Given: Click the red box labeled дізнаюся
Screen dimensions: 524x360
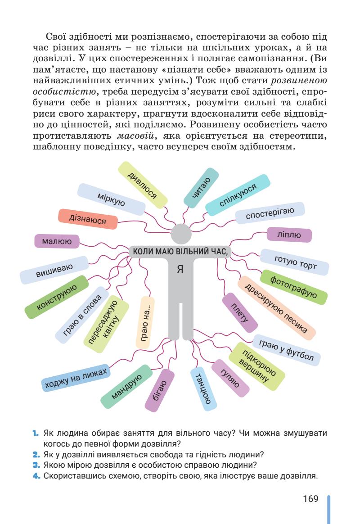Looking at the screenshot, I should pyautogui.click(x=88, y=220).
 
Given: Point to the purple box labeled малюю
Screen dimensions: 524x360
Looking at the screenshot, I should pyautogui.click(x=57, y=241).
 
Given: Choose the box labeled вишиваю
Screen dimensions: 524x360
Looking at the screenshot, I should pyautogui.click(x=54, y=270).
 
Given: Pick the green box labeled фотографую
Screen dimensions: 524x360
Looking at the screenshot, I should pyautogui.click(x=294, y=287).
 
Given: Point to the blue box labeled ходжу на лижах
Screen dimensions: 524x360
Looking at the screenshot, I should pyautogui.click(x=75, y=377).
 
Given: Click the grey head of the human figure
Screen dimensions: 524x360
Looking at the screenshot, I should pyautogui.click(x=181, y=234).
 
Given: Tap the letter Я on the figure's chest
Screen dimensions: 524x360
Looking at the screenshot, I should pyautogui.click(x=180, y=269).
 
